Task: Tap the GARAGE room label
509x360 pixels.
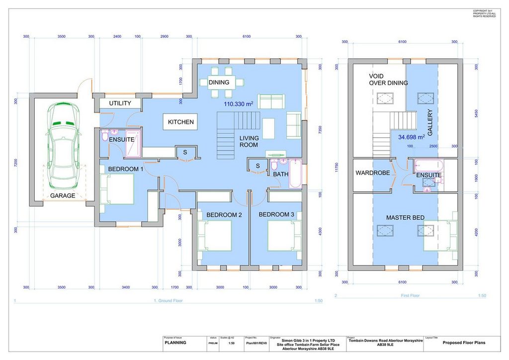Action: [x=63, y=195]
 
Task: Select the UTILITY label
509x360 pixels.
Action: [x=120, y=103]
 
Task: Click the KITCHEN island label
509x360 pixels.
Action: [x=180, y=122]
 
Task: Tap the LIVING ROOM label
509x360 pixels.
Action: [x=249, y=141]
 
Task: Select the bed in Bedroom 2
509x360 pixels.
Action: [x=215, y=236]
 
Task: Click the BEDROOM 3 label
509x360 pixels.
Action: [x=276, y=214]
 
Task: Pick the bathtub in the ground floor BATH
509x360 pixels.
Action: [x=295, y=173]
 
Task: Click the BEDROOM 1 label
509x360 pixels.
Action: [x=126, y=169]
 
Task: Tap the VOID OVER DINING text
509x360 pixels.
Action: [x=388, y=80]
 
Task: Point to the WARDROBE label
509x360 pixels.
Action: [x=372, y=174]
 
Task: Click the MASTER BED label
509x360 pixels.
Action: [x=405, y=218]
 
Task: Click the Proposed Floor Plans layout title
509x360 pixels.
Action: [x=464, y=343]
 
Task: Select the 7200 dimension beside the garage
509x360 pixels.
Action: [x=16, y=163]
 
